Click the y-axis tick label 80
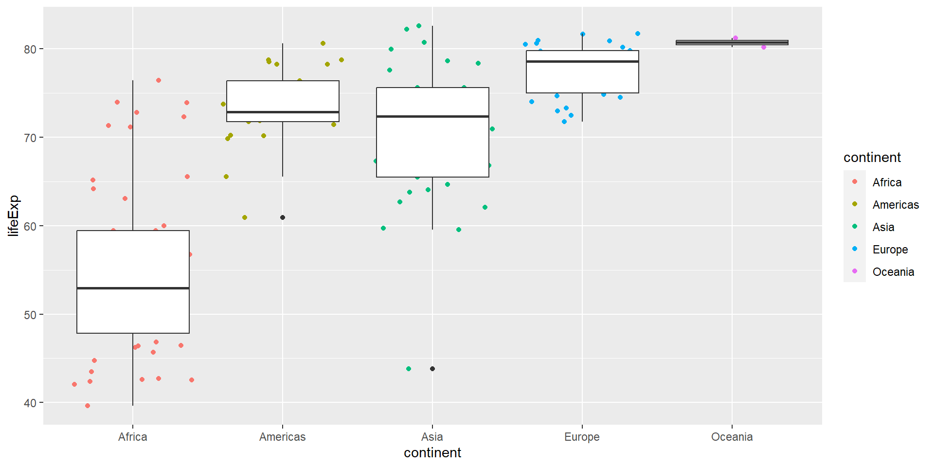click(30, 49)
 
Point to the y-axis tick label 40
click(30, 403)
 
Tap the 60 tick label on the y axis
click(30, 226)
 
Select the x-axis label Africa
click(132, 437)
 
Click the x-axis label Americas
click(282, 437)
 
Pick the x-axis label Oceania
click(732, 437)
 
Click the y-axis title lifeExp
click(13, 216)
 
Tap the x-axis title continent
click(432, 453)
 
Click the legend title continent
click(872, 158)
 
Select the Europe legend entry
click(890, 250)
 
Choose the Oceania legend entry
click(893, 272)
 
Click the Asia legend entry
click(883, 227)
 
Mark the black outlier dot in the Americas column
click(283, 217)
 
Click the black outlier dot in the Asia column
click(432, 369)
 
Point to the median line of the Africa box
click(133, 288)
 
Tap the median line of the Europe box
click(582, 62)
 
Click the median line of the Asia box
click(432, 117)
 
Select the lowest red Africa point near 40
click(88, 406)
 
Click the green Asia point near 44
click(409, 369)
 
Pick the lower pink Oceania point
click(764, 47)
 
